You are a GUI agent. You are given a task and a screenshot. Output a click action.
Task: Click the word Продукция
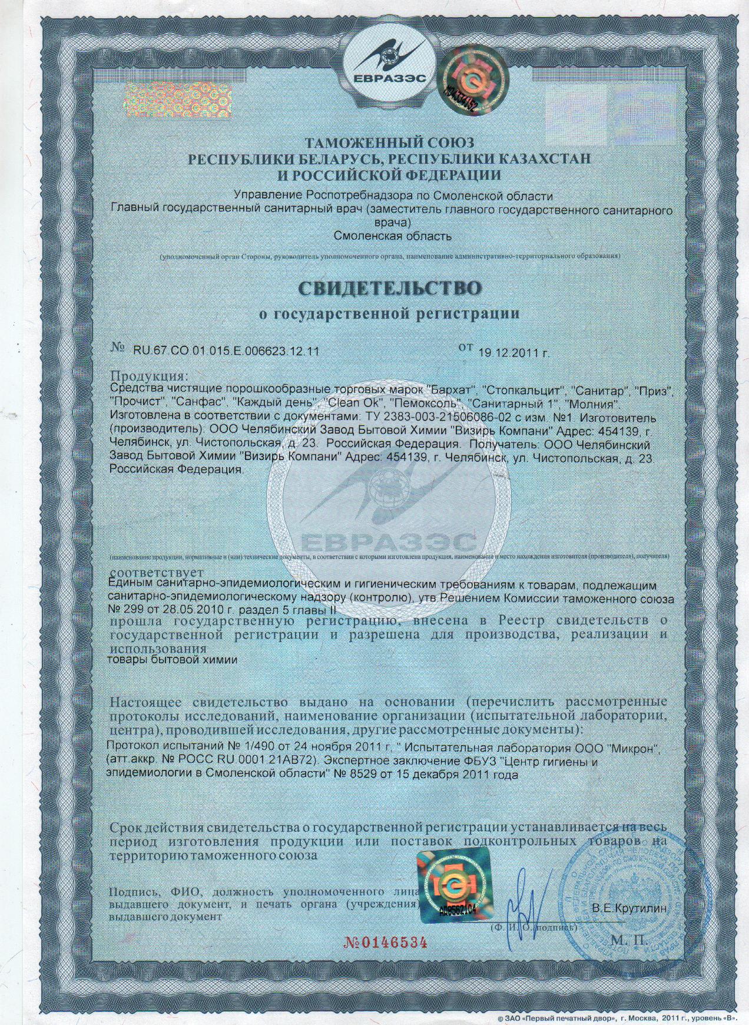pos(150,376)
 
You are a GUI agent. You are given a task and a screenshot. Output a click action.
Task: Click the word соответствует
pos(157,572)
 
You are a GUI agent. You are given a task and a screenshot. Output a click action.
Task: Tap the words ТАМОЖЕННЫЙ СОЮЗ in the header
pos(389,143)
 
